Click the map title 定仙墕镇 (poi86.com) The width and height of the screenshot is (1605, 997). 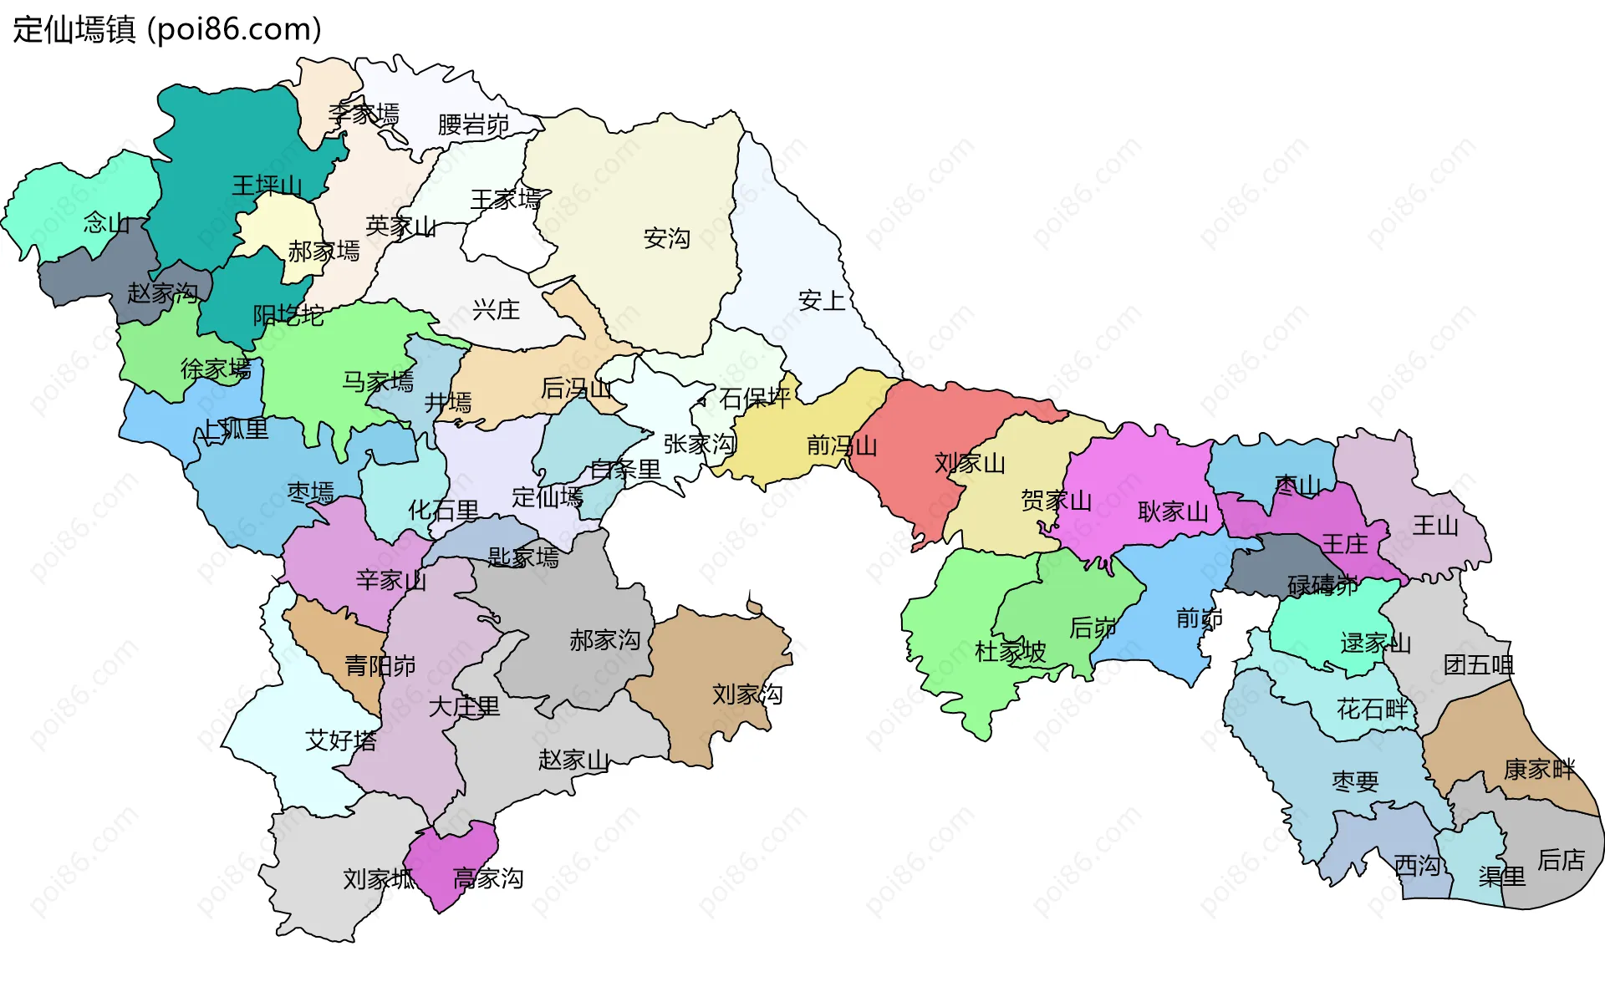(x=167, y=29)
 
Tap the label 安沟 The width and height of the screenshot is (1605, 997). (x=666, y=238)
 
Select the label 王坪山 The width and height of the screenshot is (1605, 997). (x=267, y=185)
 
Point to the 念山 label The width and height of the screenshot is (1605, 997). (x=106, y=223)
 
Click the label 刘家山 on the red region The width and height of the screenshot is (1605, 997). (x=970, y=463)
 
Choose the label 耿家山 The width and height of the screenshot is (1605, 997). (x=1173, y=511)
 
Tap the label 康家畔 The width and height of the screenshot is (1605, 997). (x=1539, y=769)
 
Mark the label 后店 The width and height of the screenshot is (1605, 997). (x=1561, y=859)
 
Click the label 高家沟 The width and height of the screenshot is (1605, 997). (x=488, y=878)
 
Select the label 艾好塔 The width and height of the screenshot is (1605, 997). (x=341, y=740)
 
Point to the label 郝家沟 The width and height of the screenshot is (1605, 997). (x=604, y=640)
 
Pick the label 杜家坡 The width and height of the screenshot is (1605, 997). (x=1011, y=651)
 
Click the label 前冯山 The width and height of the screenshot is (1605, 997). (x=842, y=445)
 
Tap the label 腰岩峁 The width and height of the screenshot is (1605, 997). (x=473, y=125)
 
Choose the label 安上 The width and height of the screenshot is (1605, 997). (x=822, y=301)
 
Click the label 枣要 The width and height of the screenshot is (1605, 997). (x=1355, y=781)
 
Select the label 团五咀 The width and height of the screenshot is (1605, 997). (x=1479, y=665)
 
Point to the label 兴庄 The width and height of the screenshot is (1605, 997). (x=496, y=310)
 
